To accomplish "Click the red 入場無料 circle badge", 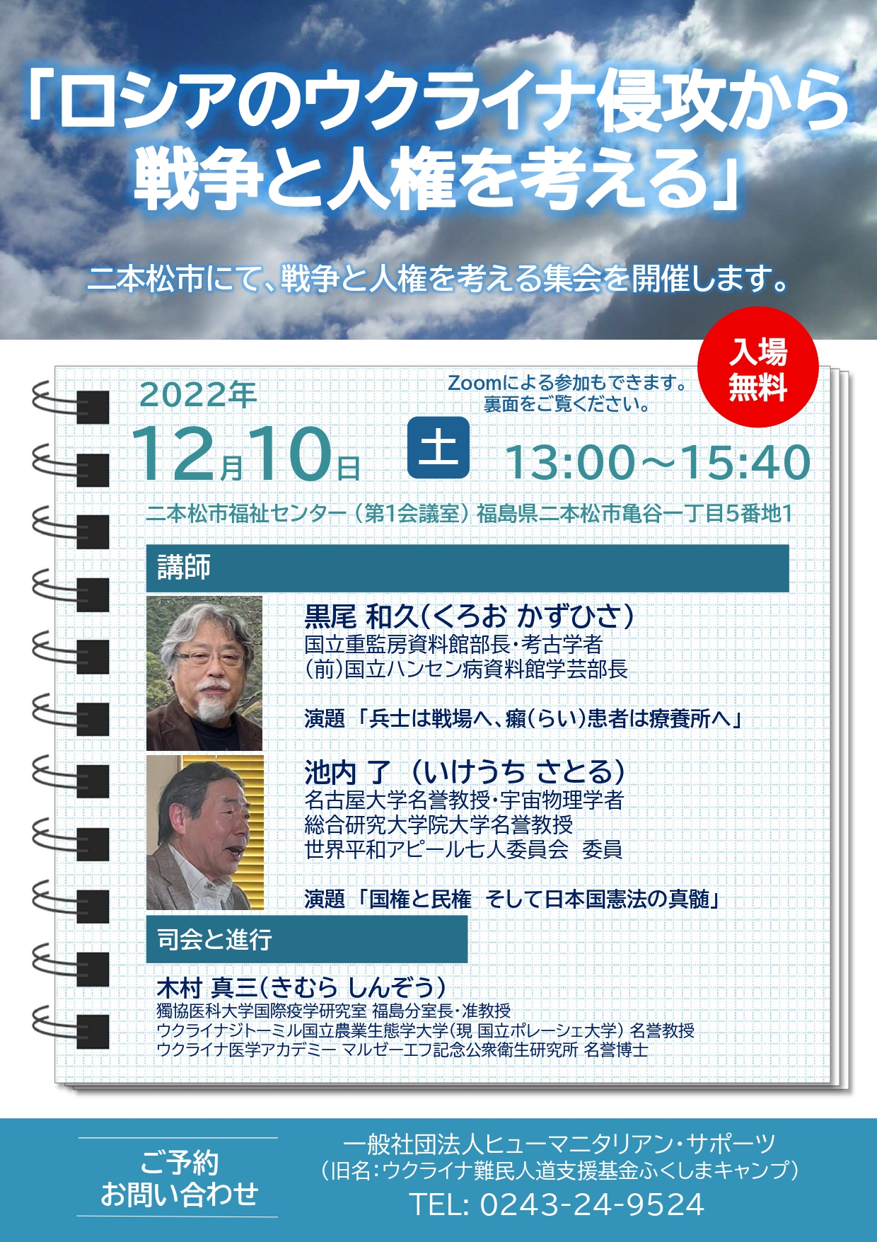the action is coord(757,367).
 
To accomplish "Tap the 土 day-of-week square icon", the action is coord(438,448).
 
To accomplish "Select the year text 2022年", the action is coord(198,394).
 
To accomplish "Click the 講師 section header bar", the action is coord(467,568).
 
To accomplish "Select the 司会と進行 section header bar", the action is coord(307,939).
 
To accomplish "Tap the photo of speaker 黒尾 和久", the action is coord(204,673).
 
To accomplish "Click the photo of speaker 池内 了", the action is coord(205,832).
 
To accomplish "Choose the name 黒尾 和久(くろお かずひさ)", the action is coord(469,616).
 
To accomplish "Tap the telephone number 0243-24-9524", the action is coord(592,1204).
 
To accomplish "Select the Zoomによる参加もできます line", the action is coord(568,383).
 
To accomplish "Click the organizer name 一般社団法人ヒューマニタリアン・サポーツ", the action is coord(559,1144).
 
